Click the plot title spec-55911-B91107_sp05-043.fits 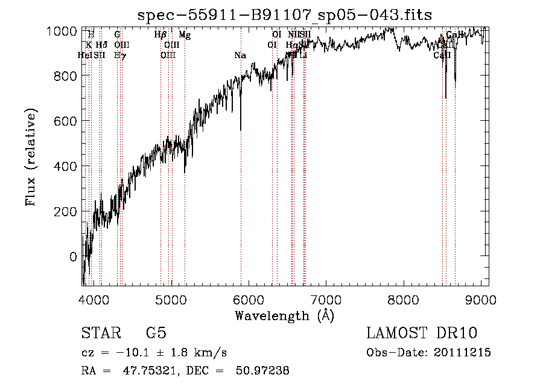[285, 14]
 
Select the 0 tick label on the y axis [73, 257]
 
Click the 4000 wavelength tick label [94, 299]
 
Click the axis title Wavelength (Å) [284, 315]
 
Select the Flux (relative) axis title [31, 157]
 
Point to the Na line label [240, 56]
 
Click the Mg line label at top [185, 35]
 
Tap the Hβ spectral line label [160, 35]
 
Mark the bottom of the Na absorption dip [241, 129]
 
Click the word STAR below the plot [100, 333]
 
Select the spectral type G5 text [156, 333]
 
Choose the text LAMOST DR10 [428, 333]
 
